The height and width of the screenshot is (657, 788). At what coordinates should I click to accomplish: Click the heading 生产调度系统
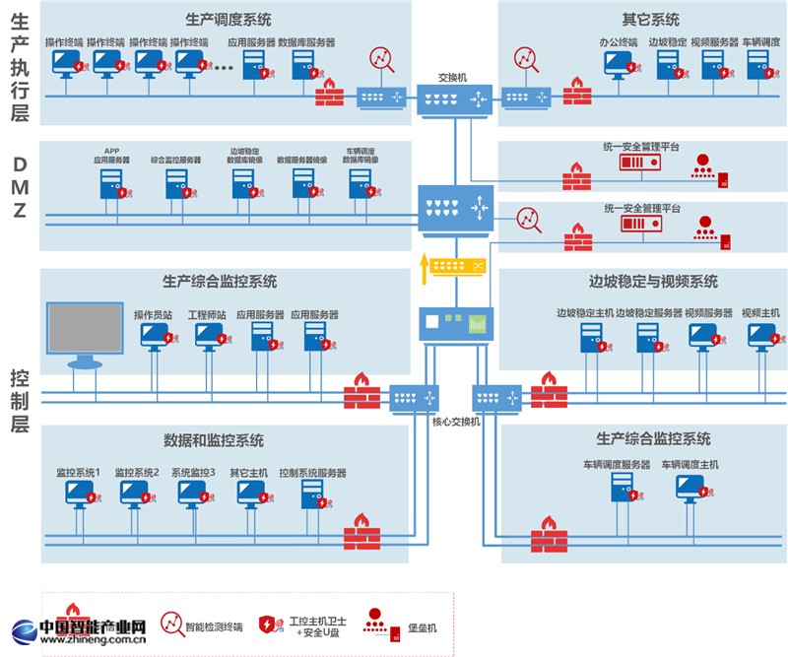click(228, 19)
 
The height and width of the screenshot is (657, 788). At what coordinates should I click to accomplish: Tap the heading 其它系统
click(650, 19)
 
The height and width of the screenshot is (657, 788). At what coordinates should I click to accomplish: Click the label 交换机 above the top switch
click(453, 77)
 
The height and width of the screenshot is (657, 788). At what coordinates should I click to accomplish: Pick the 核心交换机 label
click(455, 422)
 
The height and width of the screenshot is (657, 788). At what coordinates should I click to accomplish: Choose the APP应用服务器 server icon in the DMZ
click(111, 184)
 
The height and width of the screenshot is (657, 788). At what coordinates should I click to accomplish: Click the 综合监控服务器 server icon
click(175, 184)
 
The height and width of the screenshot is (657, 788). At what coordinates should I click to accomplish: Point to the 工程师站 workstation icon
click(208, 336)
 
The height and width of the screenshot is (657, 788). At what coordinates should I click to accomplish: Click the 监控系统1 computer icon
click(77, 492)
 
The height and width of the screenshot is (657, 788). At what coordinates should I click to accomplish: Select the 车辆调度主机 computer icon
click(689, 487)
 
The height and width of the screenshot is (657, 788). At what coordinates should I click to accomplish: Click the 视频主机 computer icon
click(759, 334)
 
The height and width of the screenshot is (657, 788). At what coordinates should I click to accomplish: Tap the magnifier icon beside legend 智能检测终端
click(173, 624)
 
